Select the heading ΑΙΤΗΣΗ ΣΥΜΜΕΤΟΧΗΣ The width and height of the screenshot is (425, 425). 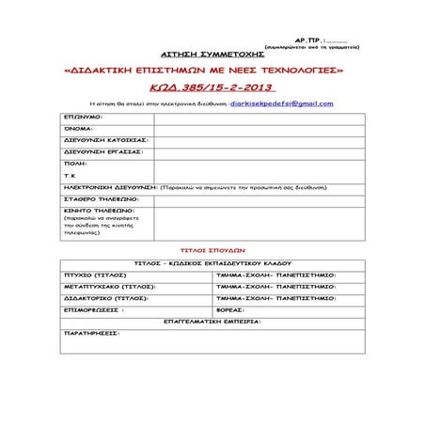[x=211, y=55]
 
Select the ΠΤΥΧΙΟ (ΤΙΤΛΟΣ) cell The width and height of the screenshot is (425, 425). [x=95, y=275]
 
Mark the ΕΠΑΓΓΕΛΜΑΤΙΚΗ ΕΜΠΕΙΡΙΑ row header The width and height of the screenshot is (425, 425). [x=211, y=321]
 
